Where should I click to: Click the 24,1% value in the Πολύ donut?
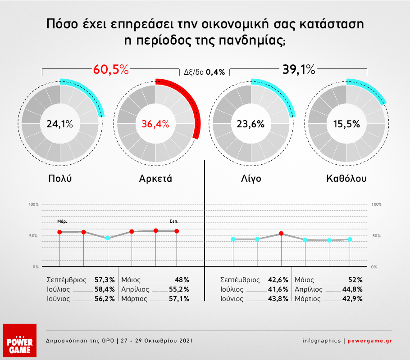pos(60,124)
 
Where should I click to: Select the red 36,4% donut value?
pos(155,124)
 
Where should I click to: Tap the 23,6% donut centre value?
pos(251,124)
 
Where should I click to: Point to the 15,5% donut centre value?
pos(347,124)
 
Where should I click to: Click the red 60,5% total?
pos(111,70)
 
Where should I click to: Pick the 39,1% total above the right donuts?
pos(299,70)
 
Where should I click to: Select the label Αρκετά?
pos(156,179)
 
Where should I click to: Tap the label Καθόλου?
pos(346,179)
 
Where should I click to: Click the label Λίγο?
pos(251,179)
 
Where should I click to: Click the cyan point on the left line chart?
pos(107,238)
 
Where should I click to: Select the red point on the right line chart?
pos(281,234)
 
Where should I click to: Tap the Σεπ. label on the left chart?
pos(174,221)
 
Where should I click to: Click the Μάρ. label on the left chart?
pos(62,221)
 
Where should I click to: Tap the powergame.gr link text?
pos(369,341)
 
